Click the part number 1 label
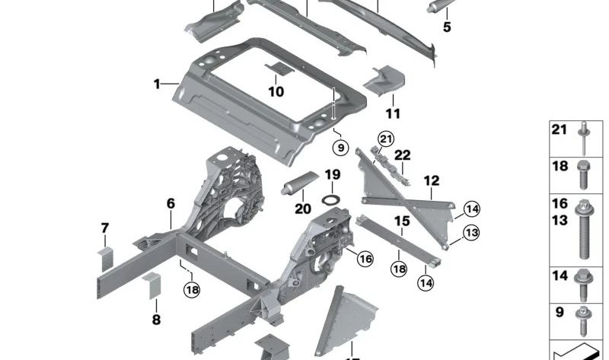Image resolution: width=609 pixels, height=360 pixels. coord(157,84)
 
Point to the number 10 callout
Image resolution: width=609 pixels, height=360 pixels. coord(276,92)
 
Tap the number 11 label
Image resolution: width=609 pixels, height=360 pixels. coord(393,114)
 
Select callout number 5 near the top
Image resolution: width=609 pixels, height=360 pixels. coord(447,27)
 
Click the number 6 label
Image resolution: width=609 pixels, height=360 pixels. coord(171,203)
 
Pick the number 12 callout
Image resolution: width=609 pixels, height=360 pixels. coord(432,181)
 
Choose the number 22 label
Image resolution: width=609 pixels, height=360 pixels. coord(402,155)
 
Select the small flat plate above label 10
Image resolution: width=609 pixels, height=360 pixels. coord(278,70)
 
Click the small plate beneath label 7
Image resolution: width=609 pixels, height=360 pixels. coord(104,257)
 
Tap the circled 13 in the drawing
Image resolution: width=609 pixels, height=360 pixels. coord(472,233)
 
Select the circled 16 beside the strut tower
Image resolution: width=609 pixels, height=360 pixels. coord(365,260)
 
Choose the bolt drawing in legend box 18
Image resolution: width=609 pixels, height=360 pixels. coord(584,176)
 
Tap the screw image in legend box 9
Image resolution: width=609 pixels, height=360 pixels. coord(584,320)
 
